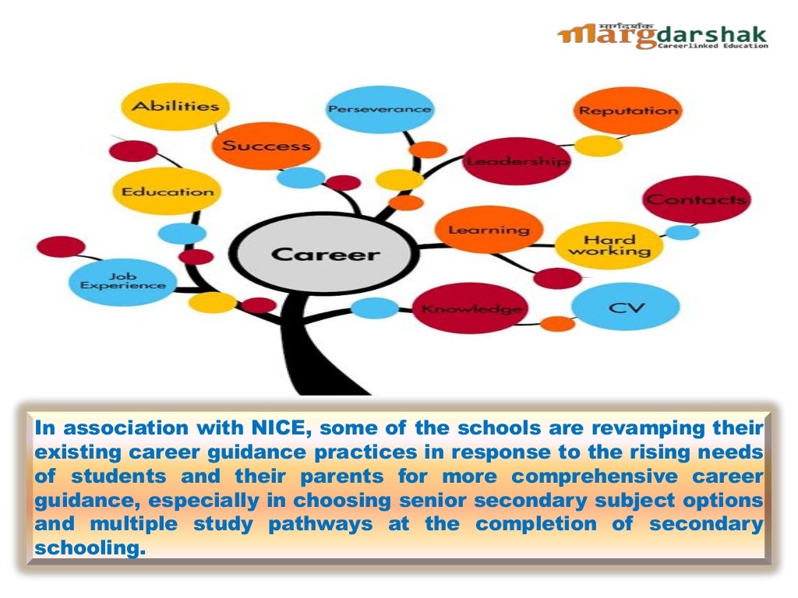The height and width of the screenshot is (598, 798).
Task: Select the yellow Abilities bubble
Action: [x=174, y=107]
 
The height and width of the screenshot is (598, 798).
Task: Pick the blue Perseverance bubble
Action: [x=380, y=109]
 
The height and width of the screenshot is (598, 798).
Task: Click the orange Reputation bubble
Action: [x=627, y=111]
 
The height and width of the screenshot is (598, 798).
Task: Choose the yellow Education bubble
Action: [x=167, y=191]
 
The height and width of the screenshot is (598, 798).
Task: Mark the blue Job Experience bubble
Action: [x=122, y=281]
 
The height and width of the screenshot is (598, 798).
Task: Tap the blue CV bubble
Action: [x=627, y=307]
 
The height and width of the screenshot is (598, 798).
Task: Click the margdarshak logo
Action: [x=662, y=36]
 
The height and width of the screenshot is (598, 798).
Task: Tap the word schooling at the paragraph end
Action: [x=89, y=547]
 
